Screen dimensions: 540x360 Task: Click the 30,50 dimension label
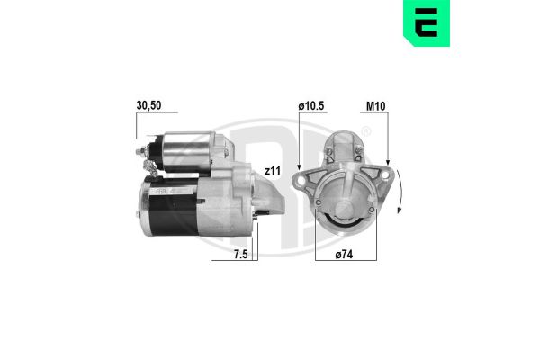pos(148,105)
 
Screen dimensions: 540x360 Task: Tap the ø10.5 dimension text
pos(311,106)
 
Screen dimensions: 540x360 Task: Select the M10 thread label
pos(375,106)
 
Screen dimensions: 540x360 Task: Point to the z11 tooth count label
pos(273,171)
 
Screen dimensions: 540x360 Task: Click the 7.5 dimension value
pos(240,254)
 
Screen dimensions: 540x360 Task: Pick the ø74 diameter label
pos(344,255)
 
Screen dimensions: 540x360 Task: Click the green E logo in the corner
pos(427,23)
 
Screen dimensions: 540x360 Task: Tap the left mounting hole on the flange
pos(301,180)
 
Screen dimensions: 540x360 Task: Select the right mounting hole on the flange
pos(385,175)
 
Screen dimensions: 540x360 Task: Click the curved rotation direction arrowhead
pos(399,210)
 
